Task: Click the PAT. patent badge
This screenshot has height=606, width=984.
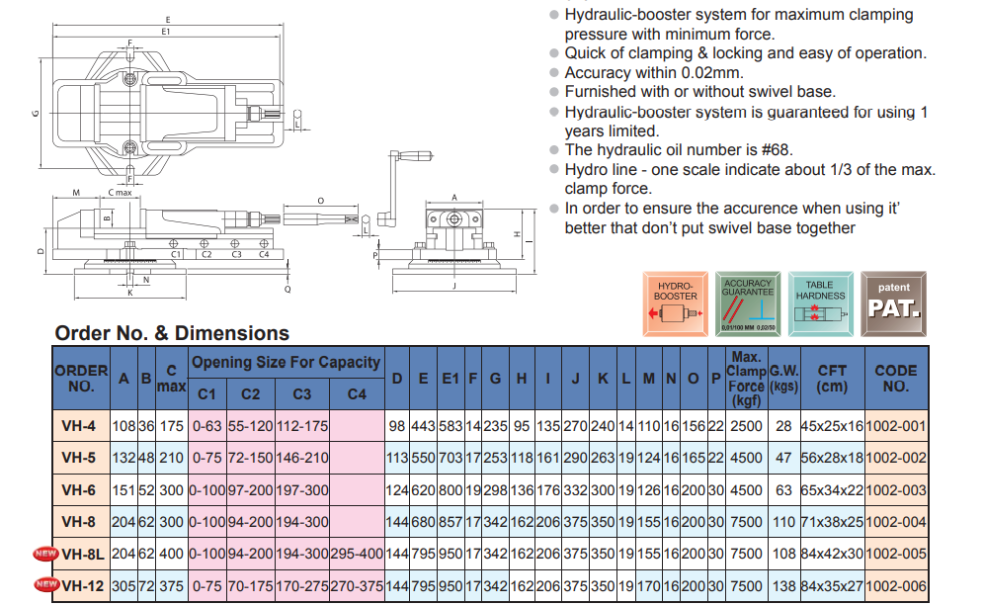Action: pos(893,301)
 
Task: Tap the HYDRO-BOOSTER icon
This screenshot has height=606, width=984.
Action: pos(677,301)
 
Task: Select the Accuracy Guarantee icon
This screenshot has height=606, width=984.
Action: pos(748,301)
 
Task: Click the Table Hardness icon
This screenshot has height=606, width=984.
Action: pos(820,301)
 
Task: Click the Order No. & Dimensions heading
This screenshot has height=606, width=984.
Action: pos(172,333)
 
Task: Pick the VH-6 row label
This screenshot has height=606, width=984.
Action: pos(78,490)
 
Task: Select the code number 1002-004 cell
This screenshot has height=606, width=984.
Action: pos(896,522)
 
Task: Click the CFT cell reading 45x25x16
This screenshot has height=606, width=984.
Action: pos(832,427)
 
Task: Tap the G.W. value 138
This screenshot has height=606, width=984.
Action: pos(784,585)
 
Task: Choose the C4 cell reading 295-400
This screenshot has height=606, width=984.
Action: pos(357,554)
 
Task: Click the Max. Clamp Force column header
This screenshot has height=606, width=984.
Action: pos(747,378)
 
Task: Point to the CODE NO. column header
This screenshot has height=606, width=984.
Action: pos(896,378)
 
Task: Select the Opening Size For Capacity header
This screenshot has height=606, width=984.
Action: pos(286,363)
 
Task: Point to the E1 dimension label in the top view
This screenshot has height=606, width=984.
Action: pos(167,31)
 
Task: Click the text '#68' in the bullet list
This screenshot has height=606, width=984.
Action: pos(774,150)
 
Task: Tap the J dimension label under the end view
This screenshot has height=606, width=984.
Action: pos(453,286)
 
